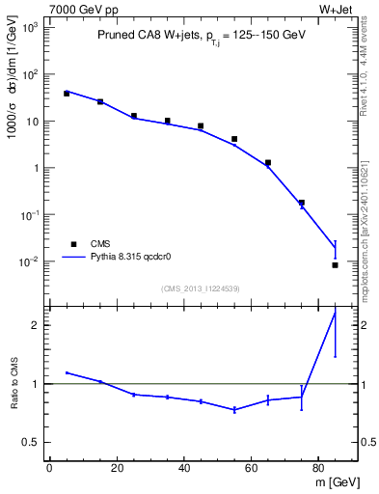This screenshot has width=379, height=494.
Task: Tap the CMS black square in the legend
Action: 74,244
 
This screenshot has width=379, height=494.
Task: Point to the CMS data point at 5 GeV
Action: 67,94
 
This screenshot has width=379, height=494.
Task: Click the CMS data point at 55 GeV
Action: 234,139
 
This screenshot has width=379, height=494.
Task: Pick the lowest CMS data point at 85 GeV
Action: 335,264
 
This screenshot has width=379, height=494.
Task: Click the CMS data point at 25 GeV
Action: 134,116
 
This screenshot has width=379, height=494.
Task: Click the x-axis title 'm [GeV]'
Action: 337,482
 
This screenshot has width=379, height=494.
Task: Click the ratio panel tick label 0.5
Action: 31,443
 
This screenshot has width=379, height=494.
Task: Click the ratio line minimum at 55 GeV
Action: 234,410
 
